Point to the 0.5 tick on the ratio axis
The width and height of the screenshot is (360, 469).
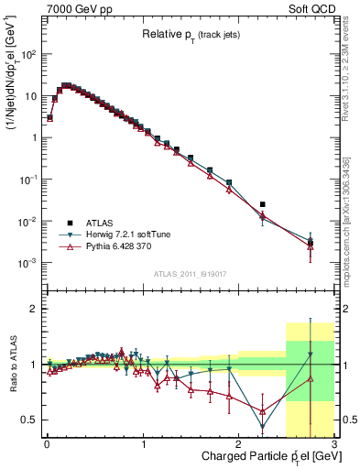[x=31, y=420]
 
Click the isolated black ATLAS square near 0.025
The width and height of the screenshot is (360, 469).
[x=263, y=204]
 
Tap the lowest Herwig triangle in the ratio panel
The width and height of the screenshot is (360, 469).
[x=263, y=427]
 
